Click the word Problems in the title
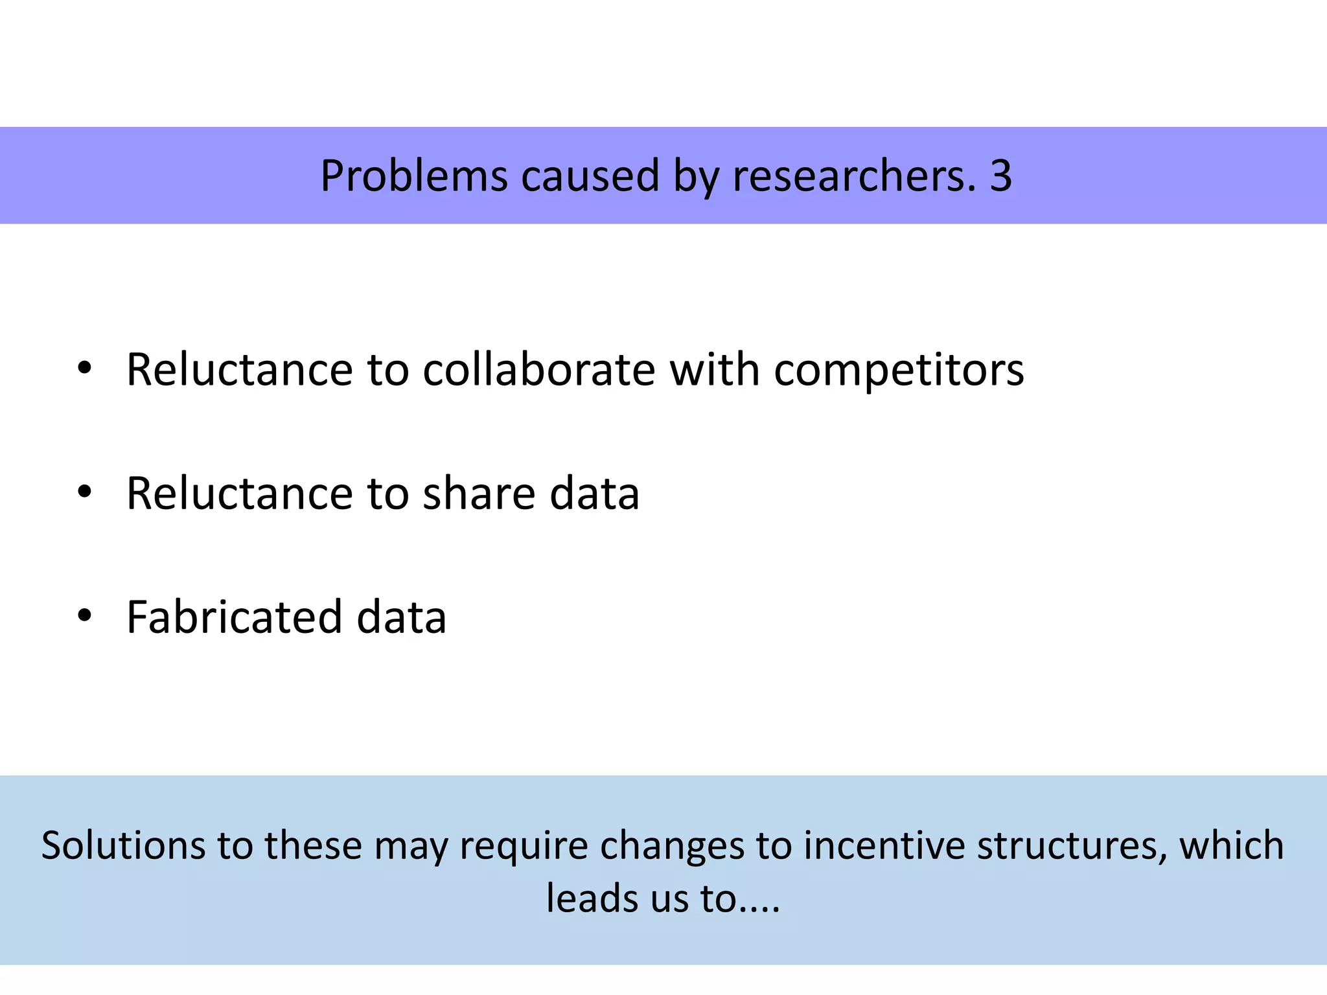(x=414, y=176)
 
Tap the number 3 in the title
(x=1000, y=176)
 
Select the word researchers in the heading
(x=853, y=176)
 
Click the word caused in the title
(x=590, y=176)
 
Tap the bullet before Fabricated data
(x=84, y=615)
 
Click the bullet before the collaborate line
(x=84, y=369)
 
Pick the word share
(x=479, y=494)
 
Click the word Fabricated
(x=234, y=617)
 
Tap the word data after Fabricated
(x=401, y=617)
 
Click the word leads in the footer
(x=593, y=899)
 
